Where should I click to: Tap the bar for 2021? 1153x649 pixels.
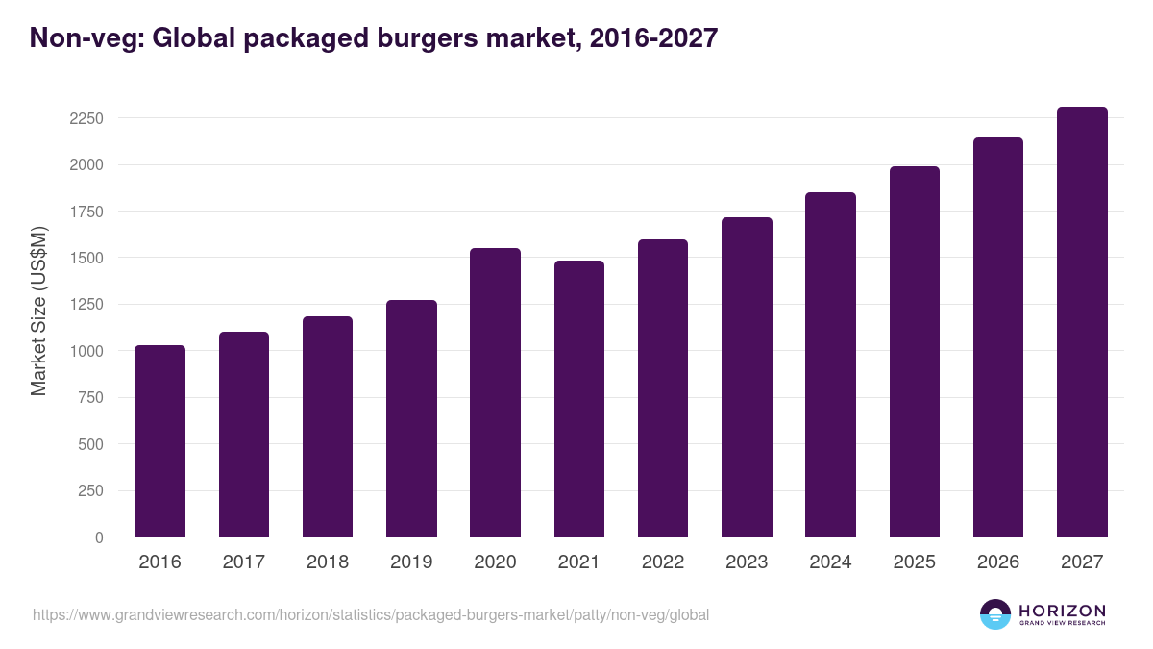(579, 398)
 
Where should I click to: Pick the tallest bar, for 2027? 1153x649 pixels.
(1082, 321)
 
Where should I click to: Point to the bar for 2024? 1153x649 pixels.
(830, 364)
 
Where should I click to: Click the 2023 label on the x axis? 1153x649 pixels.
(747, 562)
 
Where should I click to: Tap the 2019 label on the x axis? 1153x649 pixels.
(411, 562)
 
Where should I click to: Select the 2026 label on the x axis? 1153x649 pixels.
(998, 562)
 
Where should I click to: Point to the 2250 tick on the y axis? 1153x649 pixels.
(86, 118)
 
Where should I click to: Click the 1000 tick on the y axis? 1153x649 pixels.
(86, 351)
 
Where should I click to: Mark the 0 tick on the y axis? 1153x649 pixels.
(99, 537)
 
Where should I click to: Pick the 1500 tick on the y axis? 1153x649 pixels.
(86, 258)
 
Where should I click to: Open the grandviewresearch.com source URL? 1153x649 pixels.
(371, 614)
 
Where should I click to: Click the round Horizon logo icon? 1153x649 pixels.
(995, 614)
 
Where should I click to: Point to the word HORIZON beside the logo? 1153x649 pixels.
(1062, 611)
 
